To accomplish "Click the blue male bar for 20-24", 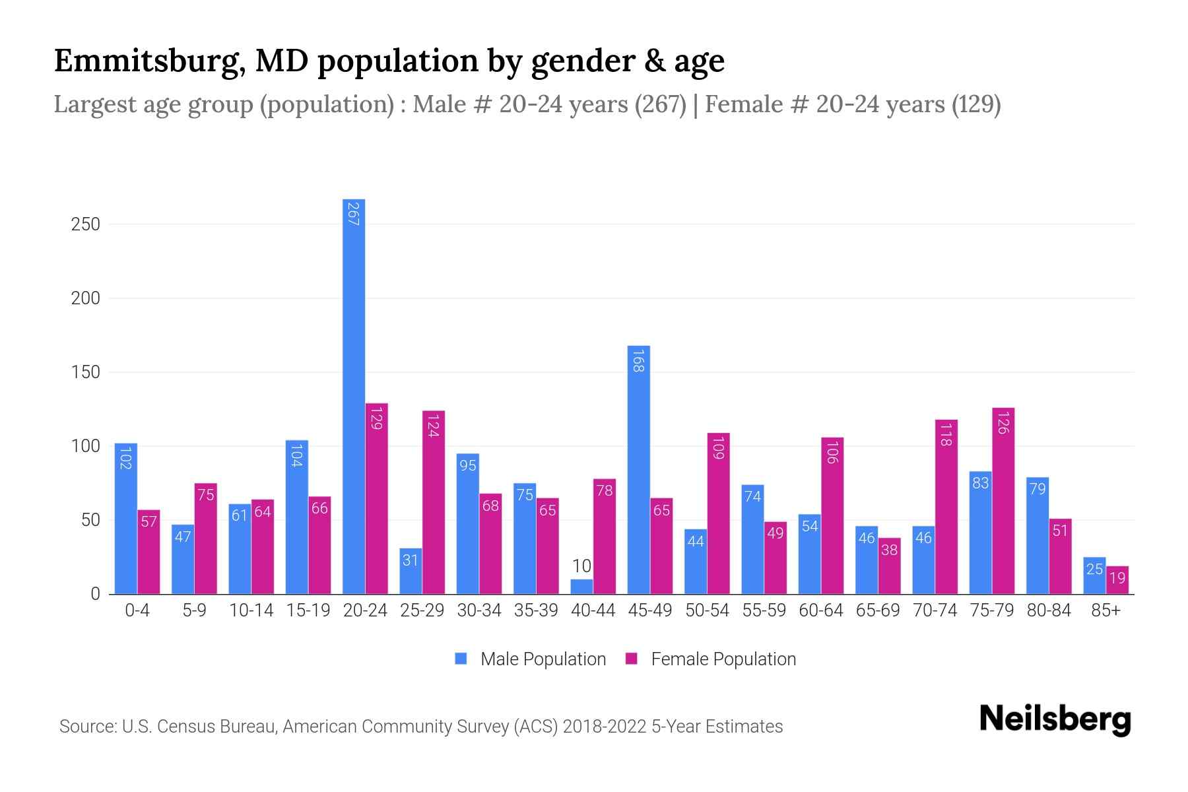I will click(x=354, y=396).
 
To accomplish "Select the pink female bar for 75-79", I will click(x=1003, y=502).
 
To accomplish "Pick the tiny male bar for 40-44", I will click(x=581, y=587).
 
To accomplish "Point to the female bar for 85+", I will click(x=1117, y=580).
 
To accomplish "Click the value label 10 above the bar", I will click(x=581, y=566).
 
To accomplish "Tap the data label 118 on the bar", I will click(x=946, y=435).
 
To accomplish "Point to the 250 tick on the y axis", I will click(x=86, y=224).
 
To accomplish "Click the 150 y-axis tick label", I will click(x=86, y=372).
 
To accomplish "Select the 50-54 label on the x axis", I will click(x=707, y=610).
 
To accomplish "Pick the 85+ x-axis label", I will click(x=1105, y=610).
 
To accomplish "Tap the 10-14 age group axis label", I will click(x=251, y=610).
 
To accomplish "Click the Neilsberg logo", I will click(x=1055, y=719).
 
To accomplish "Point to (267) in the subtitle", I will click(x=661, y=104).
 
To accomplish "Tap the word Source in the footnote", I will click(x=86, y=727).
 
